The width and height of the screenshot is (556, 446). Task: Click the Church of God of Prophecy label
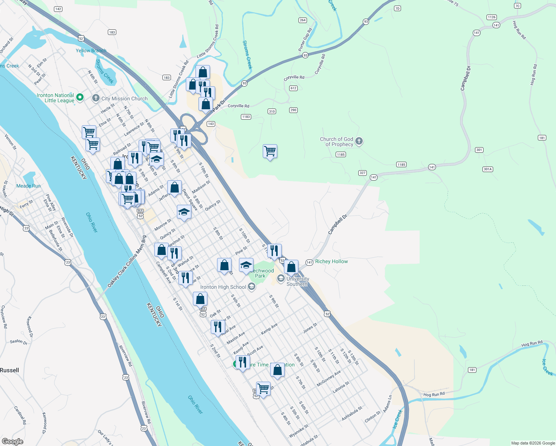click(337, 142)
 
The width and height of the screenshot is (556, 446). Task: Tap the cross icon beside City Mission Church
click(96, 98)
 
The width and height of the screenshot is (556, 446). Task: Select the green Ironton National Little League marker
click(80, 98)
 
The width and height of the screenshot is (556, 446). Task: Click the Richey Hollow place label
click(332, 261)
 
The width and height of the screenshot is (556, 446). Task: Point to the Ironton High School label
click(223, 287)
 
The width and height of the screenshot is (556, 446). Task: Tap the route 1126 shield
click(492, 17)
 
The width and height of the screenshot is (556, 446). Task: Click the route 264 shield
click(303, 20)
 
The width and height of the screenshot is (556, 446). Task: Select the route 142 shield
click(58, 9)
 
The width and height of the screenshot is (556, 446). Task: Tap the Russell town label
click(10, 370)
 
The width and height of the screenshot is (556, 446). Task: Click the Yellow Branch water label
click(91, 51)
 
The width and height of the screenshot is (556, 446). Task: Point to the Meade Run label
click(29, 186)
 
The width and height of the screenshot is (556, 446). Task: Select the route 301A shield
click(488, 169)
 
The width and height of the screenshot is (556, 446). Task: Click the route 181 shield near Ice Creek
click(472, 370)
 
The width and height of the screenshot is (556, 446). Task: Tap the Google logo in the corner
click(12, 441)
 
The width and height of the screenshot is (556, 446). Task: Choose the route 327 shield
click(363, 173)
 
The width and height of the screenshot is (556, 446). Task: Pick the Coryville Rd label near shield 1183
click(238, 106)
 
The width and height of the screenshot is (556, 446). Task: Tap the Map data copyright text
click(533, 443)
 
